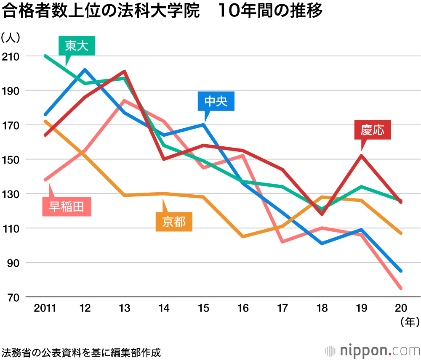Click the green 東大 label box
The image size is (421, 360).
pyautogui.click(x=77, y=46)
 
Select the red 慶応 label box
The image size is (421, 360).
pyautogui.click(x=372, y=130)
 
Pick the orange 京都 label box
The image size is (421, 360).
pyautogui.click(x=174, y=222)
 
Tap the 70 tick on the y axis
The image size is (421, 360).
pyautogui.click(x=11, y=297)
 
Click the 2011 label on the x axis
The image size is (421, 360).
pyautogui.click(x=45, y=308)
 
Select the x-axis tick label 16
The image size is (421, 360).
pyautogui.click(x=243, y=308)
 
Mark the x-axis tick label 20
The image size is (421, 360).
pyautogui.click(x=400, y=308)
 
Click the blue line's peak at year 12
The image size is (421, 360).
pyautogui.click(x=85, y=70)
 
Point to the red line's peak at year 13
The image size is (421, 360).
pyautogui.click(x=125, y=71)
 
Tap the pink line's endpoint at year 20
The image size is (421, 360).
pyautogui.click(x=400, y=289)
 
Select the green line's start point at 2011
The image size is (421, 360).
pyautogui.click(x=45, y=56)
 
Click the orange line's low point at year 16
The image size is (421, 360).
pyautogui.click(x=243, y=237)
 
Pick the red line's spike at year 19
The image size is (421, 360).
pyautogui.click(x=361, y=156)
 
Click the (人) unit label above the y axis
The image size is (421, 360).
pyautogui.click(x=10, y=38)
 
